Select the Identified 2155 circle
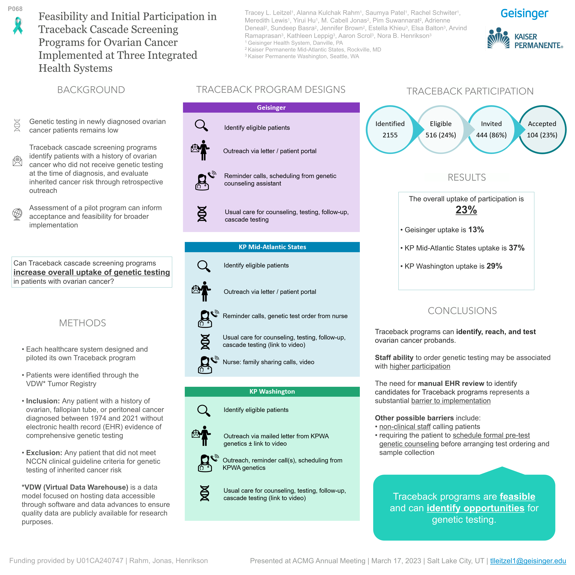(390, 130)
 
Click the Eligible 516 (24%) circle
(441, 130)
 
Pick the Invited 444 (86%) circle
(491, 130)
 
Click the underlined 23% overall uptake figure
(466, 210)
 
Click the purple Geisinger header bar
(271, 108)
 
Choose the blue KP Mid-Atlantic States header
(272, 247)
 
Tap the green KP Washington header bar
(272, 391)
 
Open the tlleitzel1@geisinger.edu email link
(528, 561)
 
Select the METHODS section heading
(83, 323)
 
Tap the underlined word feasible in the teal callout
(517, 496)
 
